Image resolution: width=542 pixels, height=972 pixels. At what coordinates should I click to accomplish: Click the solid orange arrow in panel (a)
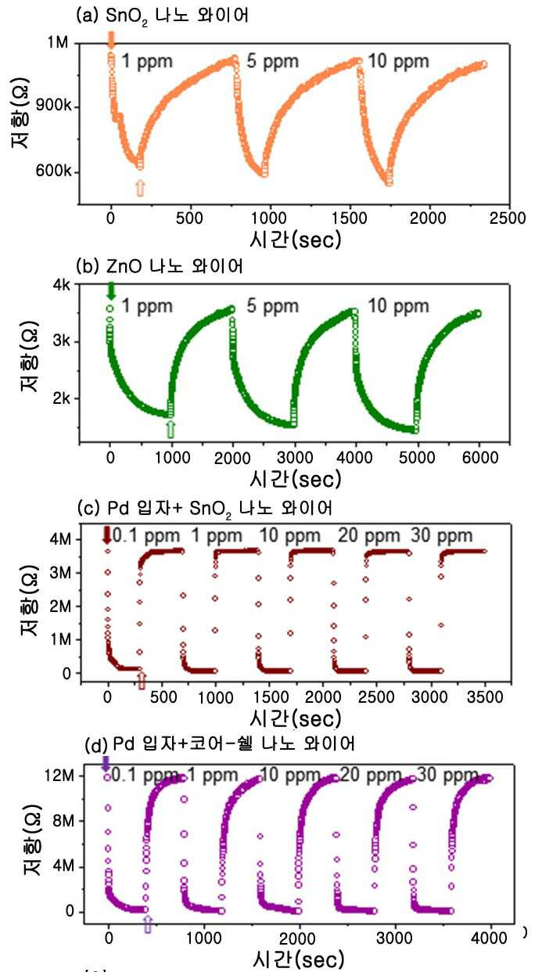[x=111, y=40]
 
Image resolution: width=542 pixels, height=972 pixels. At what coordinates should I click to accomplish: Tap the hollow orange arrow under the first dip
[x=140, y=188]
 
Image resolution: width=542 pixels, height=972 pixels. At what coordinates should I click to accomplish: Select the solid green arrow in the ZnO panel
[x=111, y=290]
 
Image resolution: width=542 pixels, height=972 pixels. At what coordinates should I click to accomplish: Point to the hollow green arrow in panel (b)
[x=170, y=429]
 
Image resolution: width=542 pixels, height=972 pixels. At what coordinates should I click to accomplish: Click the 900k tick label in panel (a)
[x=53, y=106]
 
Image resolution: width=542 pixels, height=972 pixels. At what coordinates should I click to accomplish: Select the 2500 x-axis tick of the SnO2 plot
[x=508, y=218]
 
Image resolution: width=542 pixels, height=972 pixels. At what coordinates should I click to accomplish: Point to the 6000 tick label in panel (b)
[x=480, y=458]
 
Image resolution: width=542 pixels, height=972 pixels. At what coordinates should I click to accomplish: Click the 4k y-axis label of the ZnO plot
[x=61, y=285]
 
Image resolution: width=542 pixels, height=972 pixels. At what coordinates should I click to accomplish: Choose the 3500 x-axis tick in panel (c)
[x=485, y=697]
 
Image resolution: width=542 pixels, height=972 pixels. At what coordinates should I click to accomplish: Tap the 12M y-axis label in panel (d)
[x=59, y=775]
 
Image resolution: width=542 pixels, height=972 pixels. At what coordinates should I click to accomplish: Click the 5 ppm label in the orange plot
[x=273, y=61]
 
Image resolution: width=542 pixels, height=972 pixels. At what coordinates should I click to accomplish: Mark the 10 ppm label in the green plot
[x=398, y=306]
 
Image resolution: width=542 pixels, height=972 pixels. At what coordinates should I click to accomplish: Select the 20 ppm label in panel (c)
[x=368, y=535]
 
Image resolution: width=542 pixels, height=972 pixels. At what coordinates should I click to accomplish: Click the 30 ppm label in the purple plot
[x=447, y=775]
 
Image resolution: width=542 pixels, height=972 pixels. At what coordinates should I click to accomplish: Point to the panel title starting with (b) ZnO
[x=160, y=266]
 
